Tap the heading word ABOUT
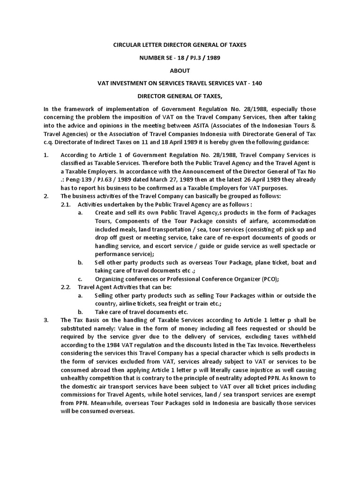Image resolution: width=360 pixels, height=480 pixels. pos(180,70)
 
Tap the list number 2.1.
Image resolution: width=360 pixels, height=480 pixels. pos(66,204)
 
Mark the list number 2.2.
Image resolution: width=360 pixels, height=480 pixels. pos(66,287)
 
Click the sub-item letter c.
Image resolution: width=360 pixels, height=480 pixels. pos(80,278)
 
